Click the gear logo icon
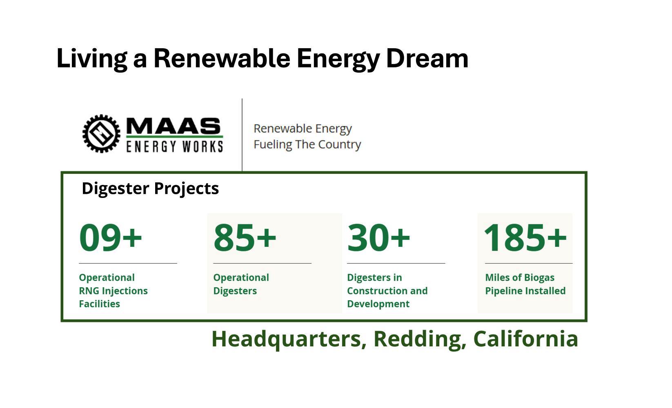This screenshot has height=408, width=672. (101, 134)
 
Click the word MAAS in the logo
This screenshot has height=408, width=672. (174, 126)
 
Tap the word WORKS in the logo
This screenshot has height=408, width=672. (203, 146)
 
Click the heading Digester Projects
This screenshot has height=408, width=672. (150, 189)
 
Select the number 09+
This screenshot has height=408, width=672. (110, 238)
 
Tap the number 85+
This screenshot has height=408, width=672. (245, 238)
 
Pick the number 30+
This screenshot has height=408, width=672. (378, 238)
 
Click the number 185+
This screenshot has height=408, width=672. (525, 238)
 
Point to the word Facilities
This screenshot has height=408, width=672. (100, 304)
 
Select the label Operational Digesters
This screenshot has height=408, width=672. (241, 284)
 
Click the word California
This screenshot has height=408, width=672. (525, 339)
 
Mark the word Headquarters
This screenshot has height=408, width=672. (289, 339)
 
